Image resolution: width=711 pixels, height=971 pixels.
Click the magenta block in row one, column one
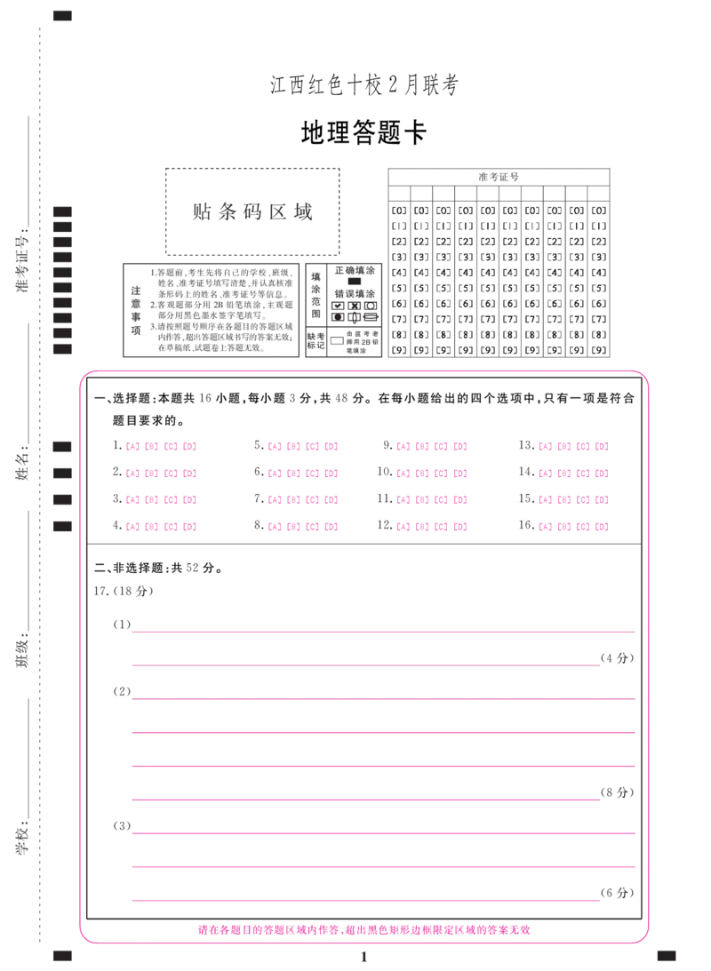point(161,447)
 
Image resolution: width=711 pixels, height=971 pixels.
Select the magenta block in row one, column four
point(573,447)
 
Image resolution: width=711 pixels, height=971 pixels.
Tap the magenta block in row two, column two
point(302,475)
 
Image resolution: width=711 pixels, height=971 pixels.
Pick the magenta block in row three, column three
point(431,500)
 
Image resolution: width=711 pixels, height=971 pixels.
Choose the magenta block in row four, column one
point(161,527)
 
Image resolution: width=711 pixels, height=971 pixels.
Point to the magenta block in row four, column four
point(573,527)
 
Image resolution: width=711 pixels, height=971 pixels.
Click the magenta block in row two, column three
point(431,475)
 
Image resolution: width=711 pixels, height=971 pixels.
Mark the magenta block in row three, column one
point(161,500)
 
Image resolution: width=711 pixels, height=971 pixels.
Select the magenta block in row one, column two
point(302,447)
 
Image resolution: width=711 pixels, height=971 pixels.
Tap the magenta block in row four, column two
point(302,527)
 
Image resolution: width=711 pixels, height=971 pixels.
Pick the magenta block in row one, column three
point(431,447)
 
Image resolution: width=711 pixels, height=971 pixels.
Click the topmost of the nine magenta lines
point(384,633)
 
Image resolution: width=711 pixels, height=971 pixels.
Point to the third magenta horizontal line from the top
point(384,700)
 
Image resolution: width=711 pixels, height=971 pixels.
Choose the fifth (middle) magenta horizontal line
point(384,764)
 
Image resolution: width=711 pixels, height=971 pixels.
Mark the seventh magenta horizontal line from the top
point(384,834)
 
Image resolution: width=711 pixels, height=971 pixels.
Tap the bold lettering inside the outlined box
point(253,211)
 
